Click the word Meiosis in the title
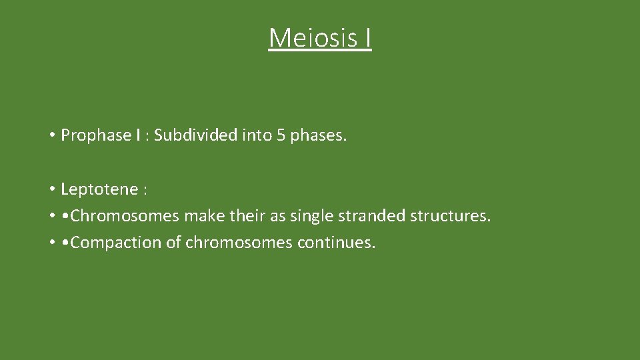click(x=313, y=38)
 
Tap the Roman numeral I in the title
click(x=368, y=38)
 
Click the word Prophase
click(x=96, y=135)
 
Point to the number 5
click(x=281, y=135)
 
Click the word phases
click(x=319, y=135)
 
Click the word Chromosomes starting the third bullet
click(x=125, y=216)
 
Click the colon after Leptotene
click(x=145, y=190)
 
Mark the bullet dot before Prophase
click(x=51, y=135)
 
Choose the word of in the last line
click(x=173, y=243)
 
